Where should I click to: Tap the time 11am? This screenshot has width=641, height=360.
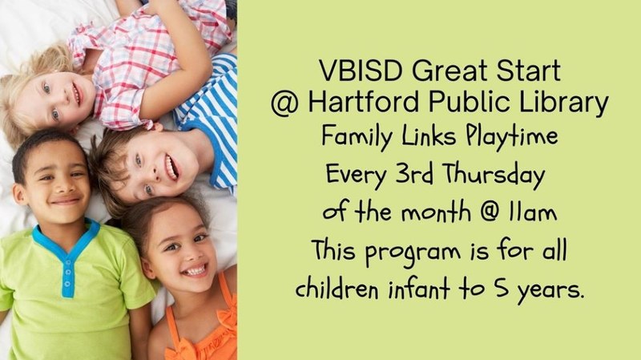pos(527,214)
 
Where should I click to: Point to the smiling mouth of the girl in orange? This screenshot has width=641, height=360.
pos(192,269)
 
